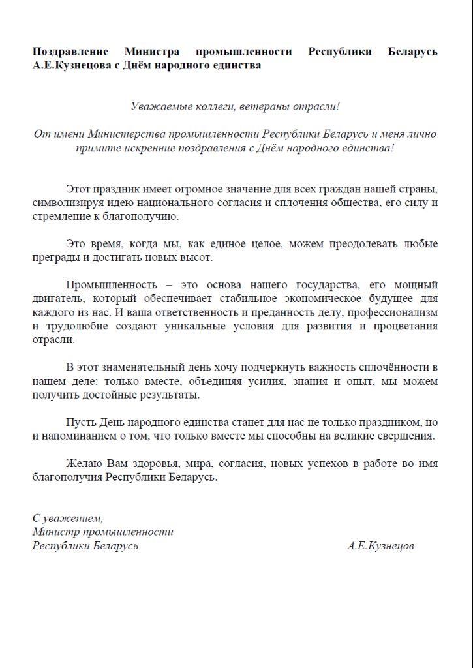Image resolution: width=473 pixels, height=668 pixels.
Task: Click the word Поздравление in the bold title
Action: click(68, 52)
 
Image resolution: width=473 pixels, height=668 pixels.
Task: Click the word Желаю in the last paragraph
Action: click(84, 464)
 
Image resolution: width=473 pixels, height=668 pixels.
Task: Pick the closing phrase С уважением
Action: click(68, 518)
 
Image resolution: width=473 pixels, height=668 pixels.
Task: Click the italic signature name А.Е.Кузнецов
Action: click(380, 545)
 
